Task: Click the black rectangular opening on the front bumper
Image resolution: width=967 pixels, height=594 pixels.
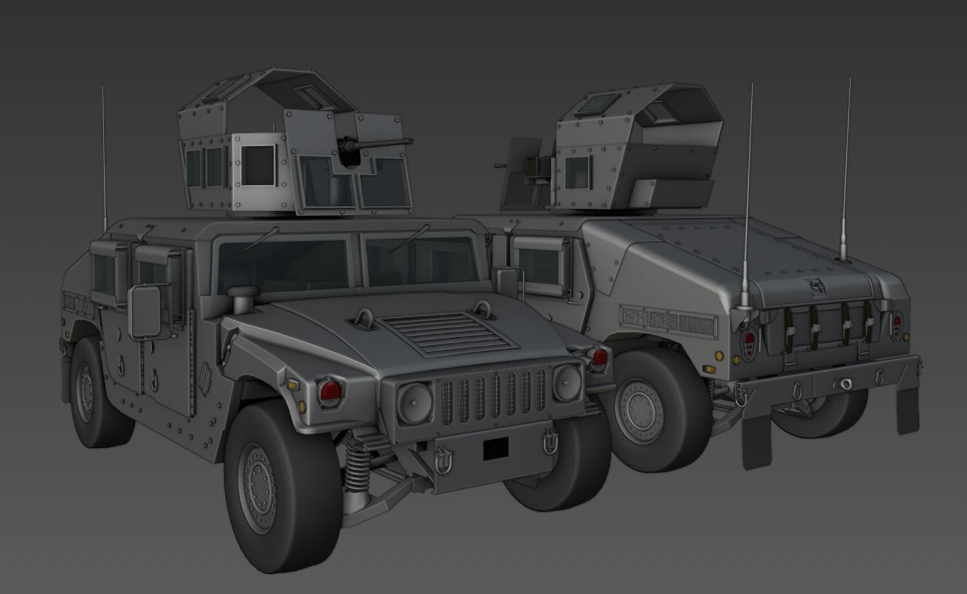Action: tap(496, 449)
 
